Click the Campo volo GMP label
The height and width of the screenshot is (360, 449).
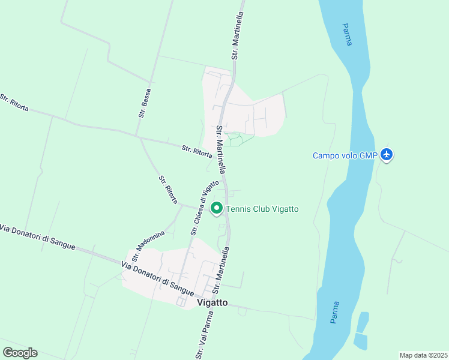coord(345,155)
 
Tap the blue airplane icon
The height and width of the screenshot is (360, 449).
coord(387,155)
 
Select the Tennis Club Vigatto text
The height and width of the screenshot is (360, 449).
coord(262,209)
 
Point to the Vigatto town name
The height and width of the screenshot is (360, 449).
coord(212,303)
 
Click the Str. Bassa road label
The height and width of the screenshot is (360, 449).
coord(144,103)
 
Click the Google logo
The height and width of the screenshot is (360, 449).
coord(20,353)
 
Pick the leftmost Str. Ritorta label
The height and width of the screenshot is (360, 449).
coord(13,103)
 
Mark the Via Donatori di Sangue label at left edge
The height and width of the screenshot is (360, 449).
coord(37,238)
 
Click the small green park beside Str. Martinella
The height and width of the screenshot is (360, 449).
coord(236,139)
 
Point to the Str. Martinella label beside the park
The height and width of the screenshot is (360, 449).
coord(222,149)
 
